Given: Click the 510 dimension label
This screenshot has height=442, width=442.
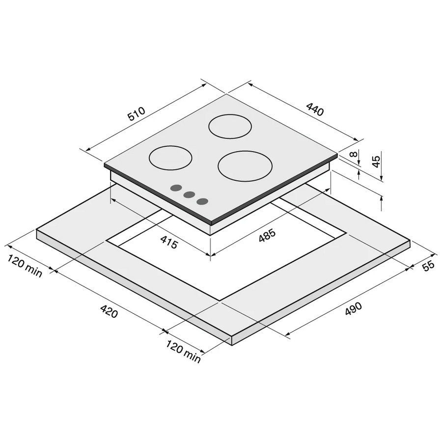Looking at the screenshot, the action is click(137, 113).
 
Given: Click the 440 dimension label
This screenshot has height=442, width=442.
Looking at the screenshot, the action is click(315, 109).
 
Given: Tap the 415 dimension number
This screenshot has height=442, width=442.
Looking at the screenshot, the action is click(169, 242).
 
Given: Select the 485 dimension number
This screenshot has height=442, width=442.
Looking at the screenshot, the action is click(267, 236).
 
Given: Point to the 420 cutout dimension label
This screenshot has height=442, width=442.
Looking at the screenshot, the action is click(109, 311).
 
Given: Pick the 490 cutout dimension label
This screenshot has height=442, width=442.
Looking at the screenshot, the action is click(353, 309).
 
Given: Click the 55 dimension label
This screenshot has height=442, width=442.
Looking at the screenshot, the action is click(429, 266).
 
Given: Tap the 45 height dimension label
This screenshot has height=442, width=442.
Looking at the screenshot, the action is click(376, 162).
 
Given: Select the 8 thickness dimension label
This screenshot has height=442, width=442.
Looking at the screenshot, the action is click(354, 154).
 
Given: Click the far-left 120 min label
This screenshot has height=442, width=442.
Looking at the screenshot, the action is click(25, 266).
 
